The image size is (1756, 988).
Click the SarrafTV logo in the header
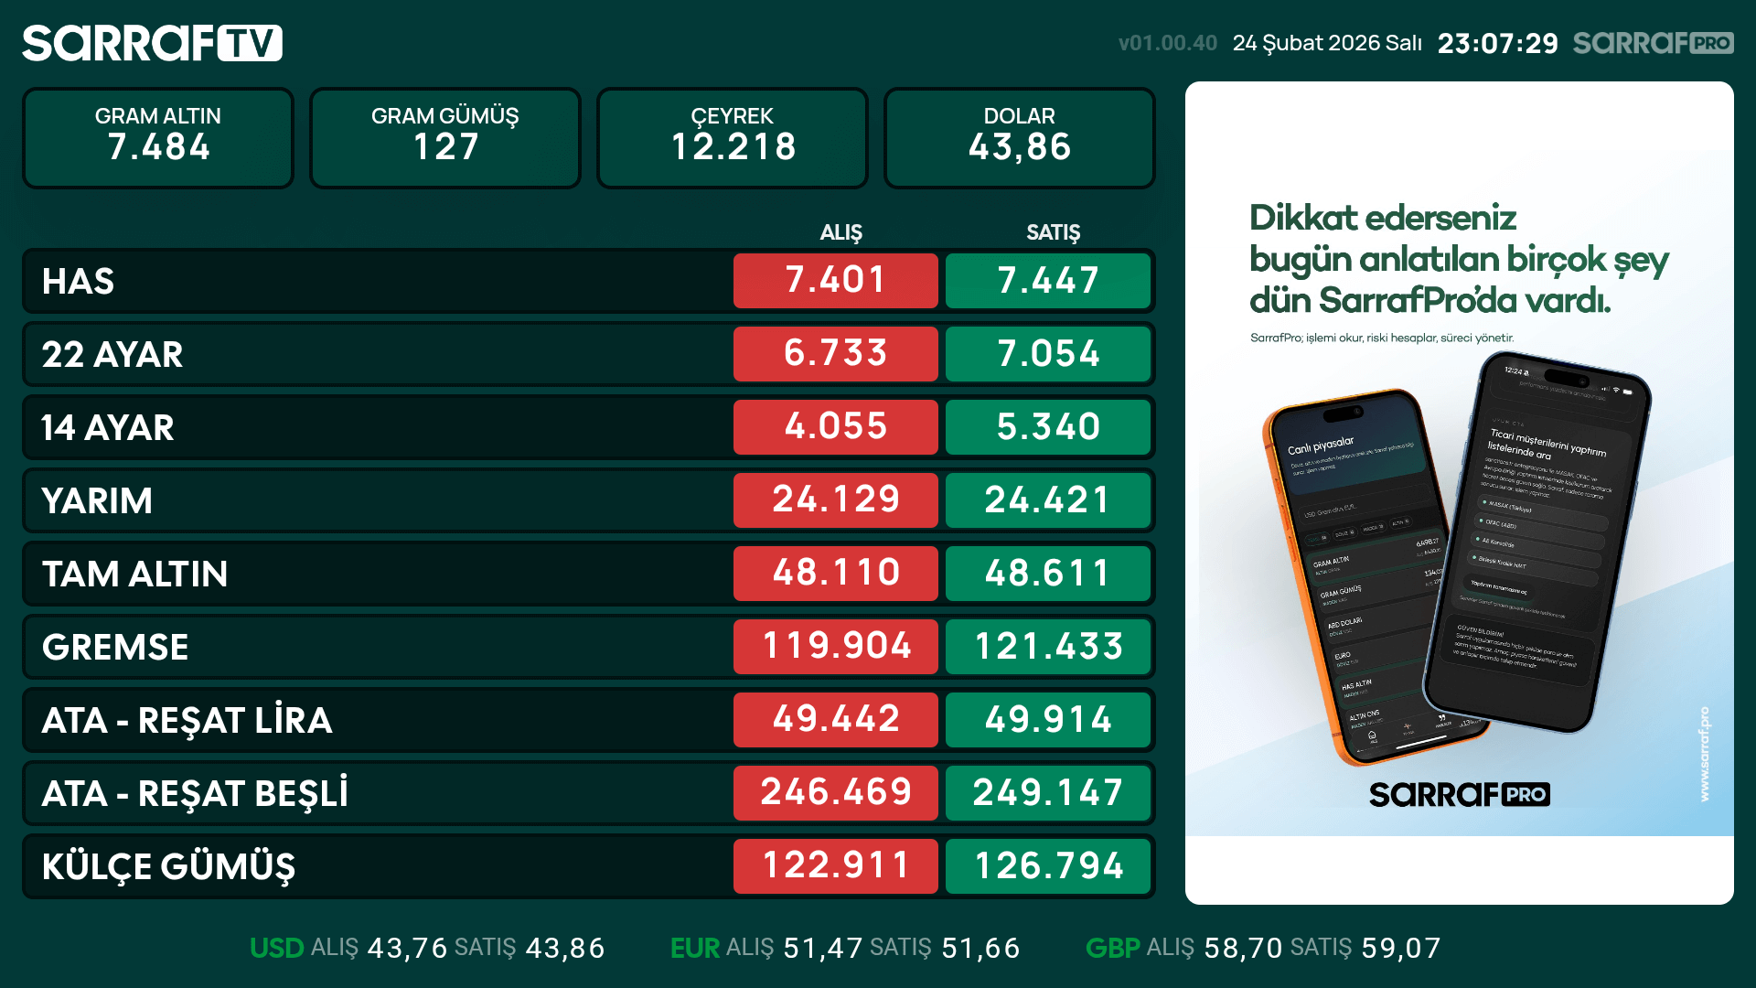(152, 43)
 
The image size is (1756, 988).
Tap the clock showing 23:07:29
(1497, 43)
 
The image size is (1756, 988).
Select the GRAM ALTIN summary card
(158, 137)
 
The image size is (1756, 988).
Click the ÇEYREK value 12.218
(733, 147)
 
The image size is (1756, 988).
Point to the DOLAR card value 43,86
(1019, 147)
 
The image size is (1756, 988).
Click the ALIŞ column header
(841, 232)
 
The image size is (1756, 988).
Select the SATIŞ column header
(1053, 232)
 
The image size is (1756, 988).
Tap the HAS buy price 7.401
(835, 281)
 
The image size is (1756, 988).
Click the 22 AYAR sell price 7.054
(1048, 354)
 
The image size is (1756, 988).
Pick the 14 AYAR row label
(108, 427)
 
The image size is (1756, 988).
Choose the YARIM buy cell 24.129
(835, 500)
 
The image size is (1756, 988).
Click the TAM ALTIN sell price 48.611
(1048, 574)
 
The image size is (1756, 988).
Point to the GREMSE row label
(115, 647)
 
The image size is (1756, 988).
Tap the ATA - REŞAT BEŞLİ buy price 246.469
(835, 793)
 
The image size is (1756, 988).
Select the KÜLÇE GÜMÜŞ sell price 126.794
(1048, 866)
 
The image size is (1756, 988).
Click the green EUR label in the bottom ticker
(694, 948)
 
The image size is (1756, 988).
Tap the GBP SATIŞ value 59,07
(1400, 948)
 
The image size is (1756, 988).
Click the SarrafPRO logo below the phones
(1459, 794)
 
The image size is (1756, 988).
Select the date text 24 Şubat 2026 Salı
(1326, 43)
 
